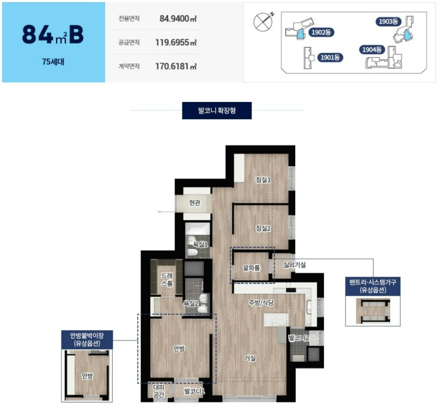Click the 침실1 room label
(263, 179)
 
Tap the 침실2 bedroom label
(263, 228)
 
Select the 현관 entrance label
(194, 203)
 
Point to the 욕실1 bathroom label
(200, 244)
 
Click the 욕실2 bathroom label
(191, 303)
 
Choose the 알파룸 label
(251, 268)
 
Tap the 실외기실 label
(294, 265)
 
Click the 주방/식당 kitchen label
(261, 302)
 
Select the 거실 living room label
(250, 358)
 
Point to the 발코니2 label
(299, 338)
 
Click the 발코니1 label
(194, 391)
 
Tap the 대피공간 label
(159, 391)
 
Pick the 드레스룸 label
(167, 280)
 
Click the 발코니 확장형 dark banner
(217, 111)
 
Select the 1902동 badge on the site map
(321, 32)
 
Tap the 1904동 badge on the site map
(372, 50)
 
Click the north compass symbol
(263, 22)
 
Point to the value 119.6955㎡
(176, 43)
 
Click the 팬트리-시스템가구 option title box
(373, 286)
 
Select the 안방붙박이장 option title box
(87, 339)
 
